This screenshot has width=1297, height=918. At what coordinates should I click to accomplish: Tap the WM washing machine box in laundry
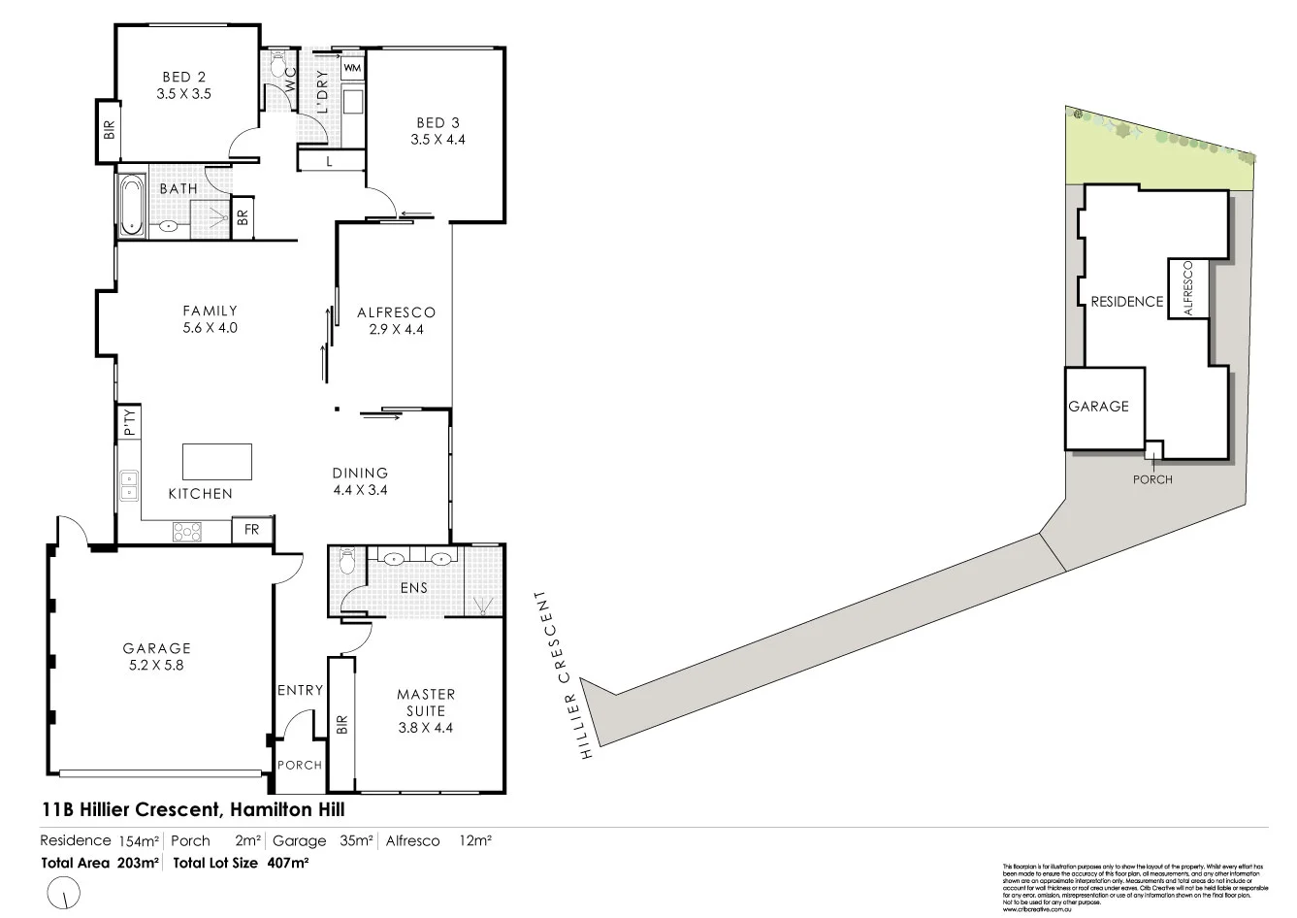[352, 68]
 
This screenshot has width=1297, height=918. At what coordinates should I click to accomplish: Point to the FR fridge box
[252, 530]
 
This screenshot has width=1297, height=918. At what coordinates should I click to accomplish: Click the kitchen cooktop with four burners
[187, 531]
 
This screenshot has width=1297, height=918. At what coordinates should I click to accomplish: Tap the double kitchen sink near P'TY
[128, 484]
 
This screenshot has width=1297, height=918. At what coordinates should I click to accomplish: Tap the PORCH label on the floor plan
[300, 765]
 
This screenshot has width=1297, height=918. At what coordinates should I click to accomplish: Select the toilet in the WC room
[278, 66]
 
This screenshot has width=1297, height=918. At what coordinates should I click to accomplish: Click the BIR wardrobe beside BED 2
[108, 130]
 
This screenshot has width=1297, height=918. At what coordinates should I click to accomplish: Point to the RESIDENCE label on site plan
[1126, 302]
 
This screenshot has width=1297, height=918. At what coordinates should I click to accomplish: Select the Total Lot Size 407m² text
[241, 862]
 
